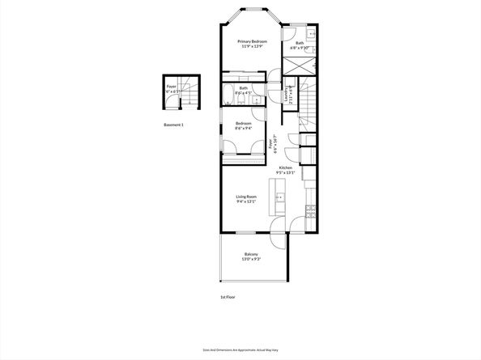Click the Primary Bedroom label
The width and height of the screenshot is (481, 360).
pos(252,40)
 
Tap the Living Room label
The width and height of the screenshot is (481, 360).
pos(246,197)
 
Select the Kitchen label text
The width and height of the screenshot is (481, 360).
pos(286,167)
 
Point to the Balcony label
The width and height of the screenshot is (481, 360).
pos(252,254)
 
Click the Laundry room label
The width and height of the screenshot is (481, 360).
pos(287,94)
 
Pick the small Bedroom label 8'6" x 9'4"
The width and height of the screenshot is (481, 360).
pos(243,124)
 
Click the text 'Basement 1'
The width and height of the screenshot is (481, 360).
pos(174,125)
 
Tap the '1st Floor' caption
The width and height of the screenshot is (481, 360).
pos(229,297)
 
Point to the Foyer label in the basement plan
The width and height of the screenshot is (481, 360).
pos(171,86)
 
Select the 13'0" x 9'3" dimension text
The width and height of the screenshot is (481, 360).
pos(252,259)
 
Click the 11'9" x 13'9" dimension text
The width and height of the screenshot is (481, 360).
pos(252,46)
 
